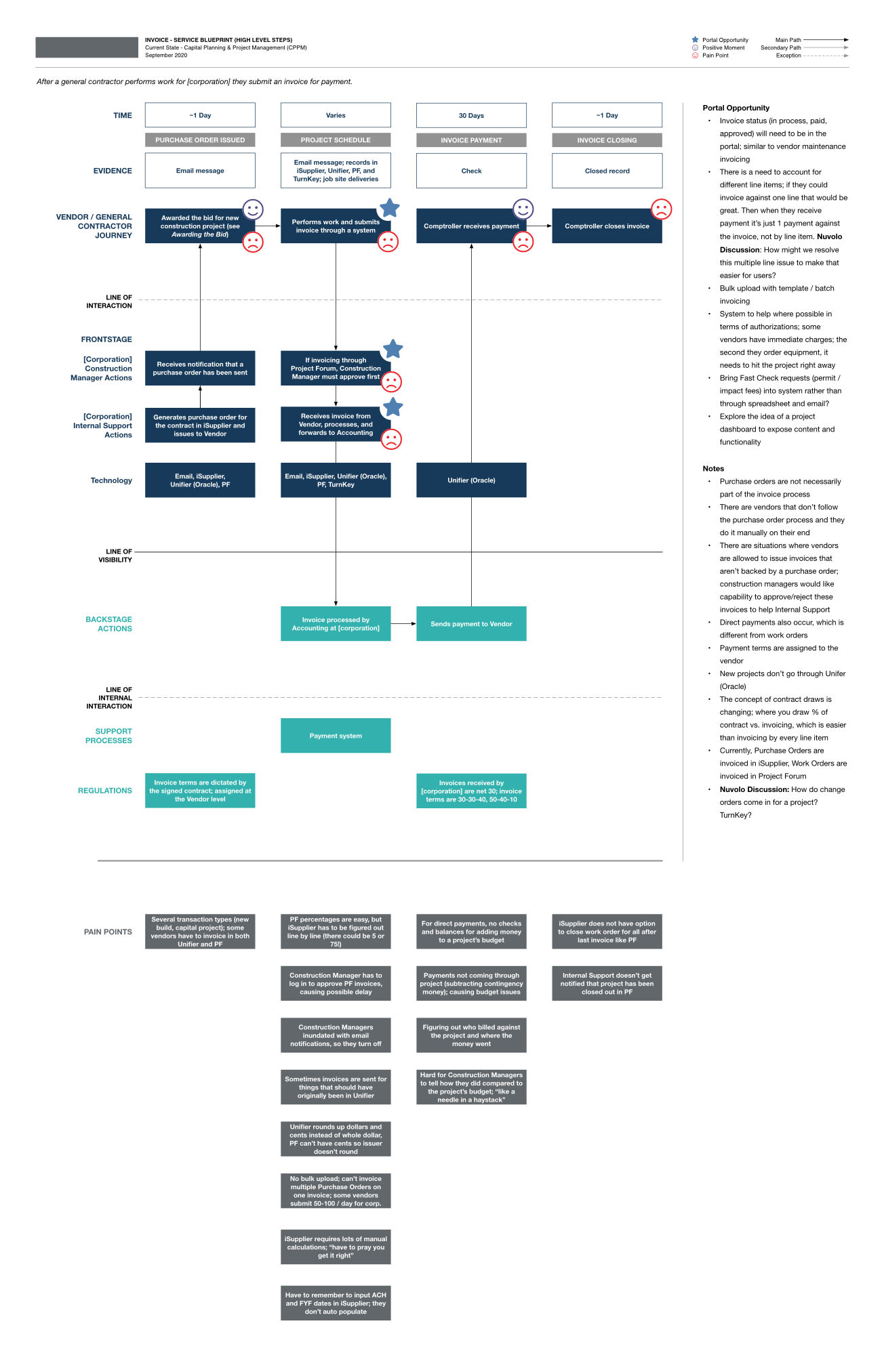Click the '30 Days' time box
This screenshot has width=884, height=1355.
(x=471, y=115)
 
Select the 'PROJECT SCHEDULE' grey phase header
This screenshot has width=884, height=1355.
(x=336, y=140)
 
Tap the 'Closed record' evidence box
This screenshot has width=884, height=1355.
(x=607, y=171)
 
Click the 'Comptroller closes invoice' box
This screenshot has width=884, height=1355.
(x=607, y=226)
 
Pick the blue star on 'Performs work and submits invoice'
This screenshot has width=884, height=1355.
(x=389, y=208)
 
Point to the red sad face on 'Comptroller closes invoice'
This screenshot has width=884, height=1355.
(x=661, y=209)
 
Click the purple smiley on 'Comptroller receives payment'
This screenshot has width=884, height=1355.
(x=523, y=209)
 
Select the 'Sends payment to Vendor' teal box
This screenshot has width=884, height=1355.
(x=471, y=624)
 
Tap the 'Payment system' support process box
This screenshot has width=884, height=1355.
(x=336, y=736)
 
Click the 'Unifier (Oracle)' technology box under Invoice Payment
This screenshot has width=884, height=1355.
(x=471, y=480)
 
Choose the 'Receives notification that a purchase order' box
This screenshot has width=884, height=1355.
(x=200, y=368)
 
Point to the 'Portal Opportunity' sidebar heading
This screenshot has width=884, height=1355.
(x=736, y=108)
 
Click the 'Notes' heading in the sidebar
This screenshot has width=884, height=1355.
(x=713, y=468)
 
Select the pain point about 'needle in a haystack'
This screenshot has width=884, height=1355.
(x=471, y=1087)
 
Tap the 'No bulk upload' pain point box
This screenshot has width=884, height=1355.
(x=336, y=1191)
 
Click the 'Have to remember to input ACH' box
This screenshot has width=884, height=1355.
(x=336, y=1303)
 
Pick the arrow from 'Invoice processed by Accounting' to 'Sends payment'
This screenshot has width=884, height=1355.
(x=403, y=623)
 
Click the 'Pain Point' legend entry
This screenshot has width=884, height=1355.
(x=715, y=56)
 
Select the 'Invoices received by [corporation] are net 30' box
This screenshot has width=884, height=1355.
(x=471, y=791)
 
